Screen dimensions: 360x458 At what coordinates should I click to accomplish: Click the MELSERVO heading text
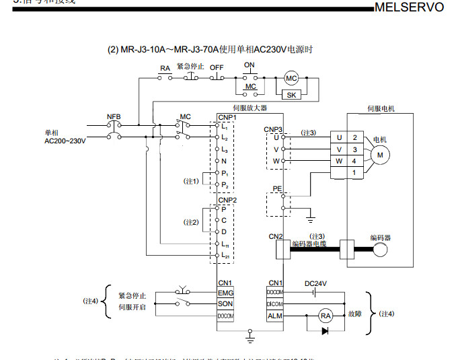coord(408,7)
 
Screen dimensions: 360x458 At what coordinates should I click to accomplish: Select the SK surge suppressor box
coord(291,95)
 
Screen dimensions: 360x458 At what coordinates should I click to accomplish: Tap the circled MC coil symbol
coord(291,78)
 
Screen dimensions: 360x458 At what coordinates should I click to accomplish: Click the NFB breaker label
coord(114,116)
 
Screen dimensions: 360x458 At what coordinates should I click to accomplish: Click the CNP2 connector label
coord(228,200)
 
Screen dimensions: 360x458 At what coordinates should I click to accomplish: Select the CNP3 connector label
coord(273,129)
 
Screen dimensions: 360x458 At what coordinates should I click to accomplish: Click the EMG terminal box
coord(225,293)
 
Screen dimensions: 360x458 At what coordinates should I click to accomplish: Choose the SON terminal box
coord(225,304)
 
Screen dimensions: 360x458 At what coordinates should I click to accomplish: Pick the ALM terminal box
coord(275,316)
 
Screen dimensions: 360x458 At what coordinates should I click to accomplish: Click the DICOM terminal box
coord(275,304)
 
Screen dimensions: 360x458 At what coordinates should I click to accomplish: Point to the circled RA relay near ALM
coord(326,316)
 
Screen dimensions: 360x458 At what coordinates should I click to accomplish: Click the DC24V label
coord(315,283)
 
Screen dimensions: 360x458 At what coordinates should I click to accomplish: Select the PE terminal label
coord(277,189)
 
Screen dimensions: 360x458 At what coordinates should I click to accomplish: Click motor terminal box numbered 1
coord(354,173)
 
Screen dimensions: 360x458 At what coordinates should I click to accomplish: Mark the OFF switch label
coord(217,68)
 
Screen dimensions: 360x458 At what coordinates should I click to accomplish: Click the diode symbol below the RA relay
coord(326,330)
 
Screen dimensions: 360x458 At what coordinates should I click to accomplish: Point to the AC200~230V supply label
coord(65,141)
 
